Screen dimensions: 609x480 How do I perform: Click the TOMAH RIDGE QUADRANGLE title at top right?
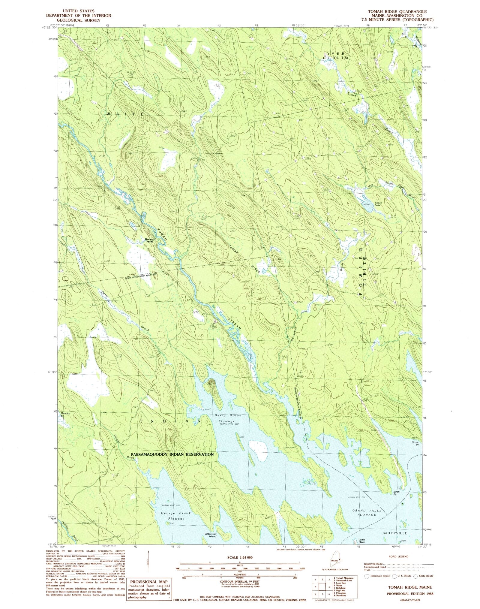point(395,11)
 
